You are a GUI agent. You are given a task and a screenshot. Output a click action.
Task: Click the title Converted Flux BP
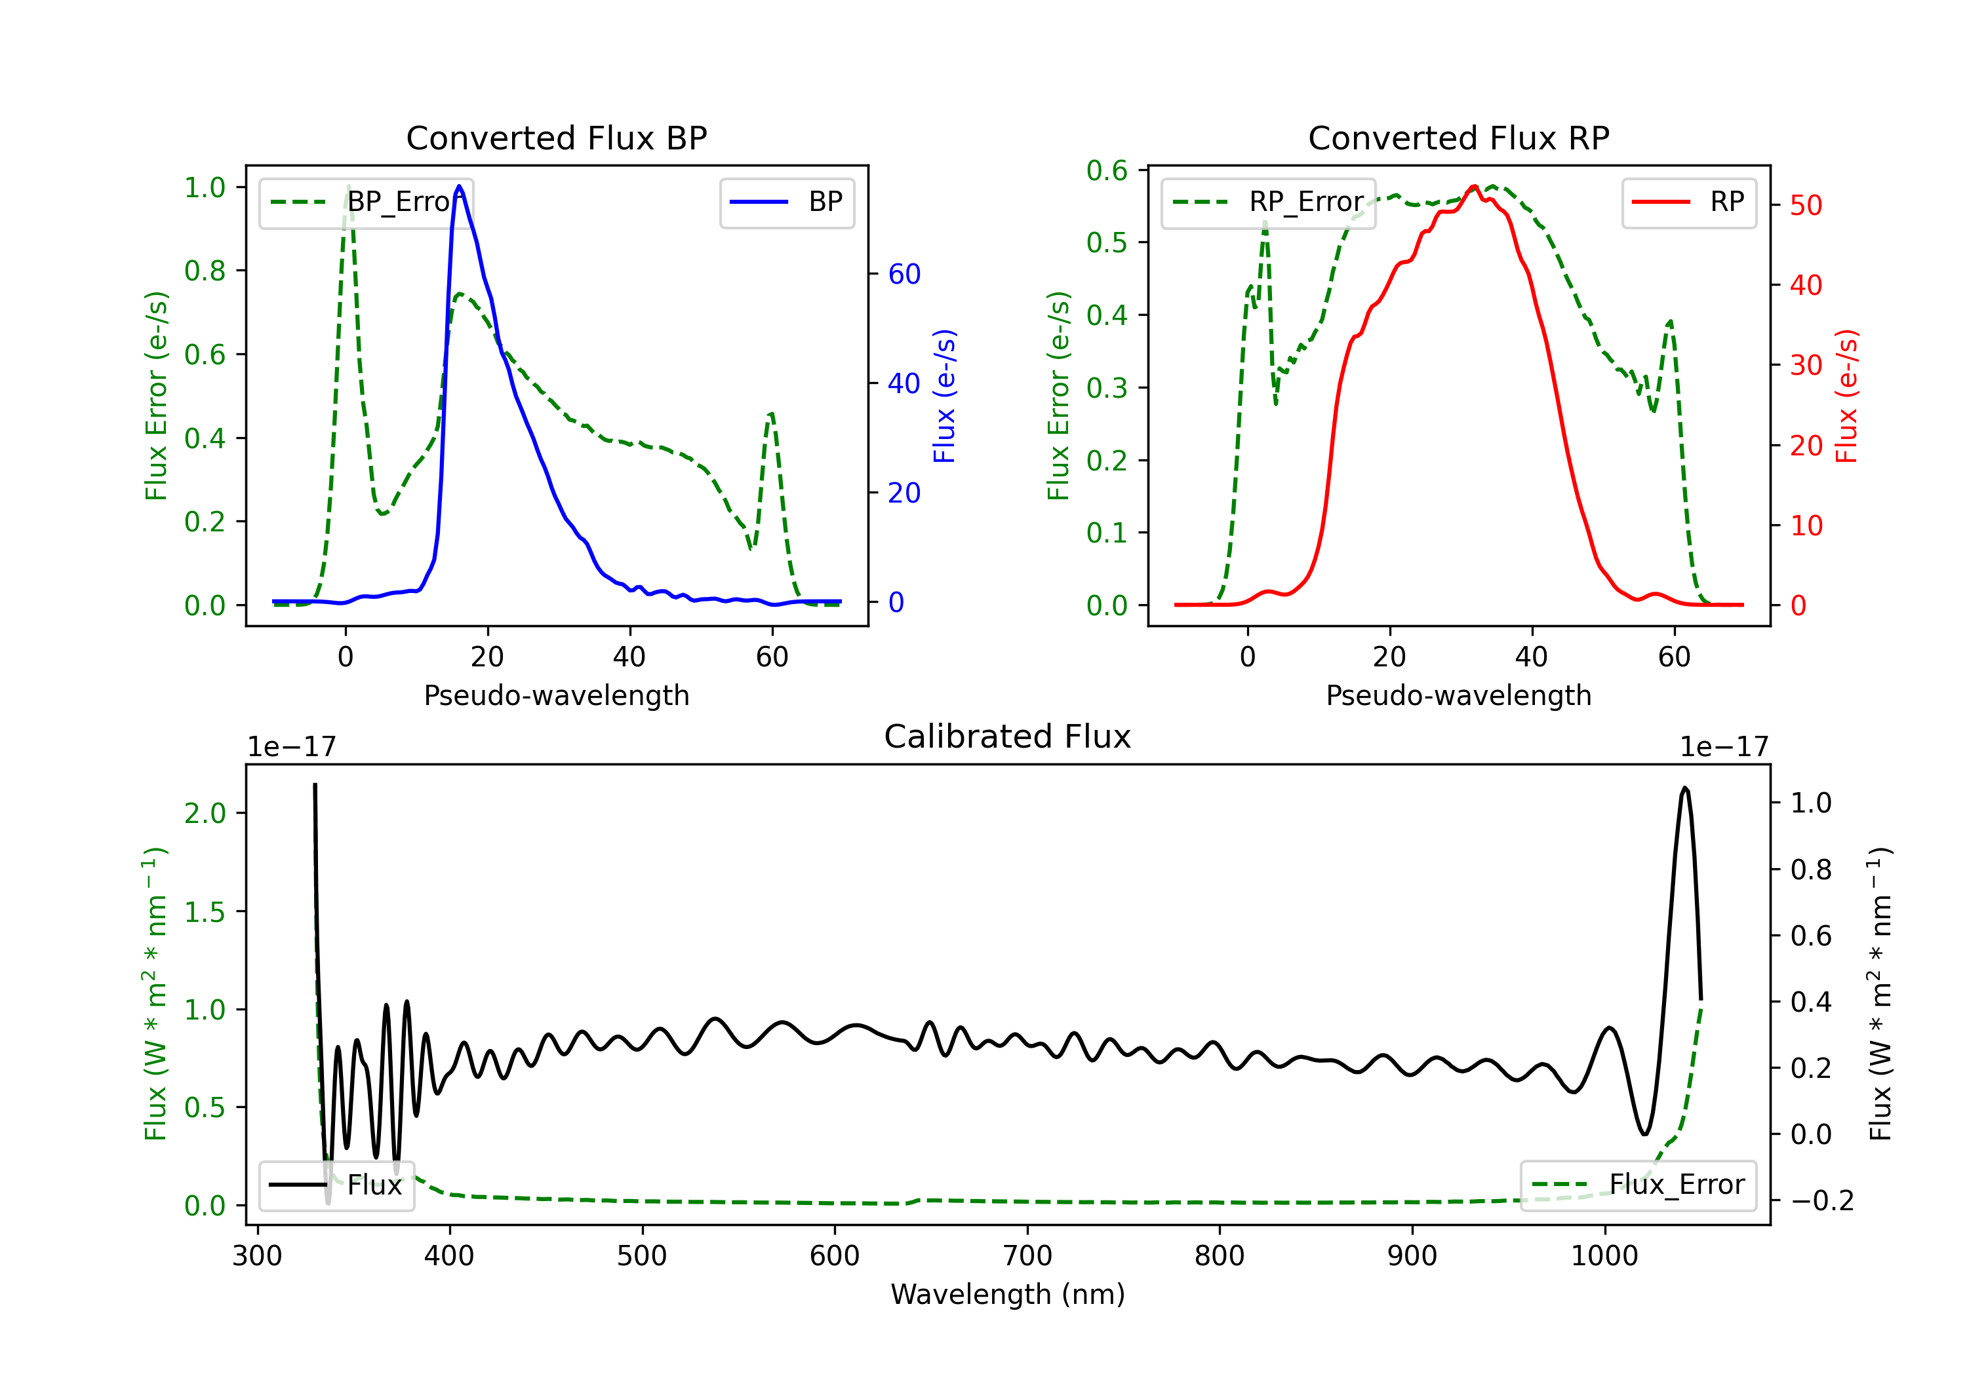[x=557, y=138]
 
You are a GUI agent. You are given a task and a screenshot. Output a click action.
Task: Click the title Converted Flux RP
[x=1459, y=138]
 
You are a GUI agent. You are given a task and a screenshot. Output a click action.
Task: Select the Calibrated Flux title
[x=1008, y=736]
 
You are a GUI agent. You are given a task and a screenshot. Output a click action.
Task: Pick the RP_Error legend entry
[x=1269, y=202]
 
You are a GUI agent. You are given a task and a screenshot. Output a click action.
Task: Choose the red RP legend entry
[x=1688, y=202]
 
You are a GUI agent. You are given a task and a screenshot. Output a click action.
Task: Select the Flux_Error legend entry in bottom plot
[x=1638, y=1185]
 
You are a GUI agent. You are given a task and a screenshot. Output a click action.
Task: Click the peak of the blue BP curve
[x=459, y=186]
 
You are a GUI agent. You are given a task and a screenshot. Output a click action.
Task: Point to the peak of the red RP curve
[x=1473, y=186]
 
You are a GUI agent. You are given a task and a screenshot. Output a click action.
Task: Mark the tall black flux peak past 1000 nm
[x=1685, y=788]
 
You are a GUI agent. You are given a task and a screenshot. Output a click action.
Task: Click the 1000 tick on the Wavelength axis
[x=1604, y=1256]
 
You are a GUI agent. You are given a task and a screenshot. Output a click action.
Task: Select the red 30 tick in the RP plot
[x=1806, y=366]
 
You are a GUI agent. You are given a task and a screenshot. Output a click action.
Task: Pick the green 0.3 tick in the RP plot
[x=1107, y=388]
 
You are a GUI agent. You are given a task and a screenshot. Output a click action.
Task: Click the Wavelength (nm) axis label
[x=1008, y=1295]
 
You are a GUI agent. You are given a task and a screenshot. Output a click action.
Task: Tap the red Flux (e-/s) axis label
[x=1847, y=396]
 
